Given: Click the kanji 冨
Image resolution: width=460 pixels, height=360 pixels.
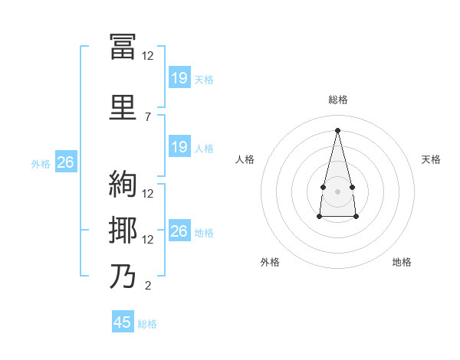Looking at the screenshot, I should (123, 46).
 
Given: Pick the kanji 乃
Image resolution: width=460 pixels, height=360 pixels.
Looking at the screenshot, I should (123, 276).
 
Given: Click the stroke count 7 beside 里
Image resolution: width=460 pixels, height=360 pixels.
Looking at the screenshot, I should (148, 116).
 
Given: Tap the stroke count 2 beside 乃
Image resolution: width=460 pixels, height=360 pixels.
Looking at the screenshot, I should (148, 286).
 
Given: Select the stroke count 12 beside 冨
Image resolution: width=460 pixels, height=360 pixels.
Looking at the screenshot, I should (148, 56).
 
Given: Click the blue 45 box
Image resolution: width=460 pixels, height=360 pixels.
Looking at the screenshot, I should (123, 322).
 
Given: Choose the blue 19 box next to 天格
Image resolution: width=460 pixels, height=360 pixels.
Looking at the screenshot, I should (179, 77).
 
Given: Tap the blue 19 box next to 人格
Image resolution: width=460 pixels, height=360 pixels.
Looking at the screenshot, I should (179, 147).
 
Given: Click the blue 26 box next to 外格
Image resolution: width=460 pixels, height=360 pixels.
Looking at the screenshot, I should (65, 162).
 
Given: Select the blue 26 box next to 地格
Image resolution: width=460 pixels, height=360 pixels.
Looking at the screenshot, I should (179, 231).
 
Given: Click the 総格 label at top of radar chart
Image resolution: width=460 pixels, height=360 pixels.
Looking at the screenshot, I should (338, 100).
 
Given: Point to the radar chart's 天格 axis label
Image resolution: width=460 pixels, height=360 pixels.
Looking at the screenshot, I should (431, 159).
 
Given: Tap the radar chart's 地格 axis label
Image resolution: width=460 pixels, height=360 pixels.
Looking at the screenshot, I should (402, 262).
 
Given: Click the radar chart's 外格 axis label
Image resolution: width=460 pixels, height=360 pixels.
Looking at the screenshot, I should (270, 262).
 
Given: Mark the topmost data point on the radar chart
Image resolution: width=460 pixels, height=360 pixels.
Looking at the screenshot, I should (337, 129).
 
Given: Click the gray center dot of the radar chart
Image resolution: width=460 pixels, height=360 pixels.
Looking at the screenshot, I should (337, 189).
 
